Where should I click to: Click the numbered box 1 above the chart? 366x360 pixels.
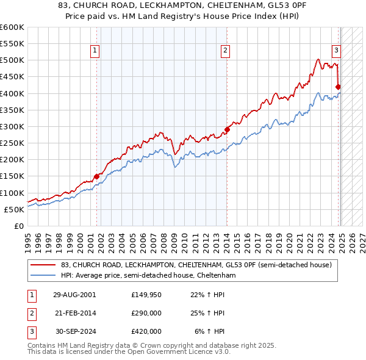(x=96, y=51)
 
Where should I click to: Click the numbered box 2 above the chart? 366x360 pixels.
(x=226, y=51)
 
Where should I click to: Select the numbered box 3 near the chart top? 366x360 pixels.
(x=336, y=51)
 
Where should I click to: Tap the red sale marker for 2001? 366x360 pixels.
(x=96, y=176)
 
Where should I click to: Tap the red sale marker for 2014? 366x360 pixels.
(x=227, y=129)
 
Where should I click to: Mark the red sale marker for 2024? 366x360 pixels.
(x=339, y=87)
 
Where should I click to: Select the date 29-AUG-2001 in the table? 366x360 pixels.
(x=75, y=295)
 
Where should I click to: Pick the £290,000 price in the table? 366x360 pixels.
(x=146, y=313)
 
